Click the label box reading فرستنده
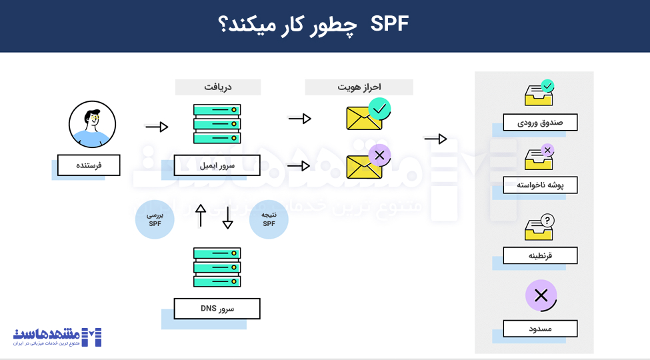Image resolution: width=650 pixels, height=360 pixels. click(89, 165)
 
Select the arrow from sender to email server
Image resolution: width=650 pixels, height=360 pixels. click(157, 127)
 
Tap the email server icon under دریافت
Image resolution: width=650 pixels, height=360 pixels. click(217, 124)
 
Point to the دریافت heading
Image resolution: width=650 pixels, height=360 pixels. click(218, 87)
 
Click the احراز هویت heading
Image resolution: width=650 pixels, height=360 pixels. click(359, 87)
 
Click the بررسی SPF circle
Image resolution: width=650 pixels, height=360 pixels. click(155, 220)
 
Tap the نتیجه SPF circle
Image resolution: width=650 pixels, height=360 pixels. click(269, 220)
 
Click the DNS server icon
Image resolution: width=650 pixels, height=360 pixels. click(217, 267)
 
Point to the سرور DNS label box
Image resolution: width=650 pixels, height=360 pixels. click(217, 309)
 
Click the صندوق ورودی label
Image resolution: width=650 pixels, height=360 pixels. click(540, 123)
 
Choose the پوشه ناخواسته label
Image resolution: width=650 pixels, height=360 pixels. click(540, 185)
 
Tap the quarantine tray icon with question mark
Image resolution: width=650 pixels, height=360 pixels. click(539, 227)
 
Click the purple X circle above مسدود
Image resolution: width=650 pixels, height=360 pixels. click(541, 295)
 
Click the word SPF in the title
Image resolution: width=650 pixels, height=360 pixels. click(389, 26)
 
